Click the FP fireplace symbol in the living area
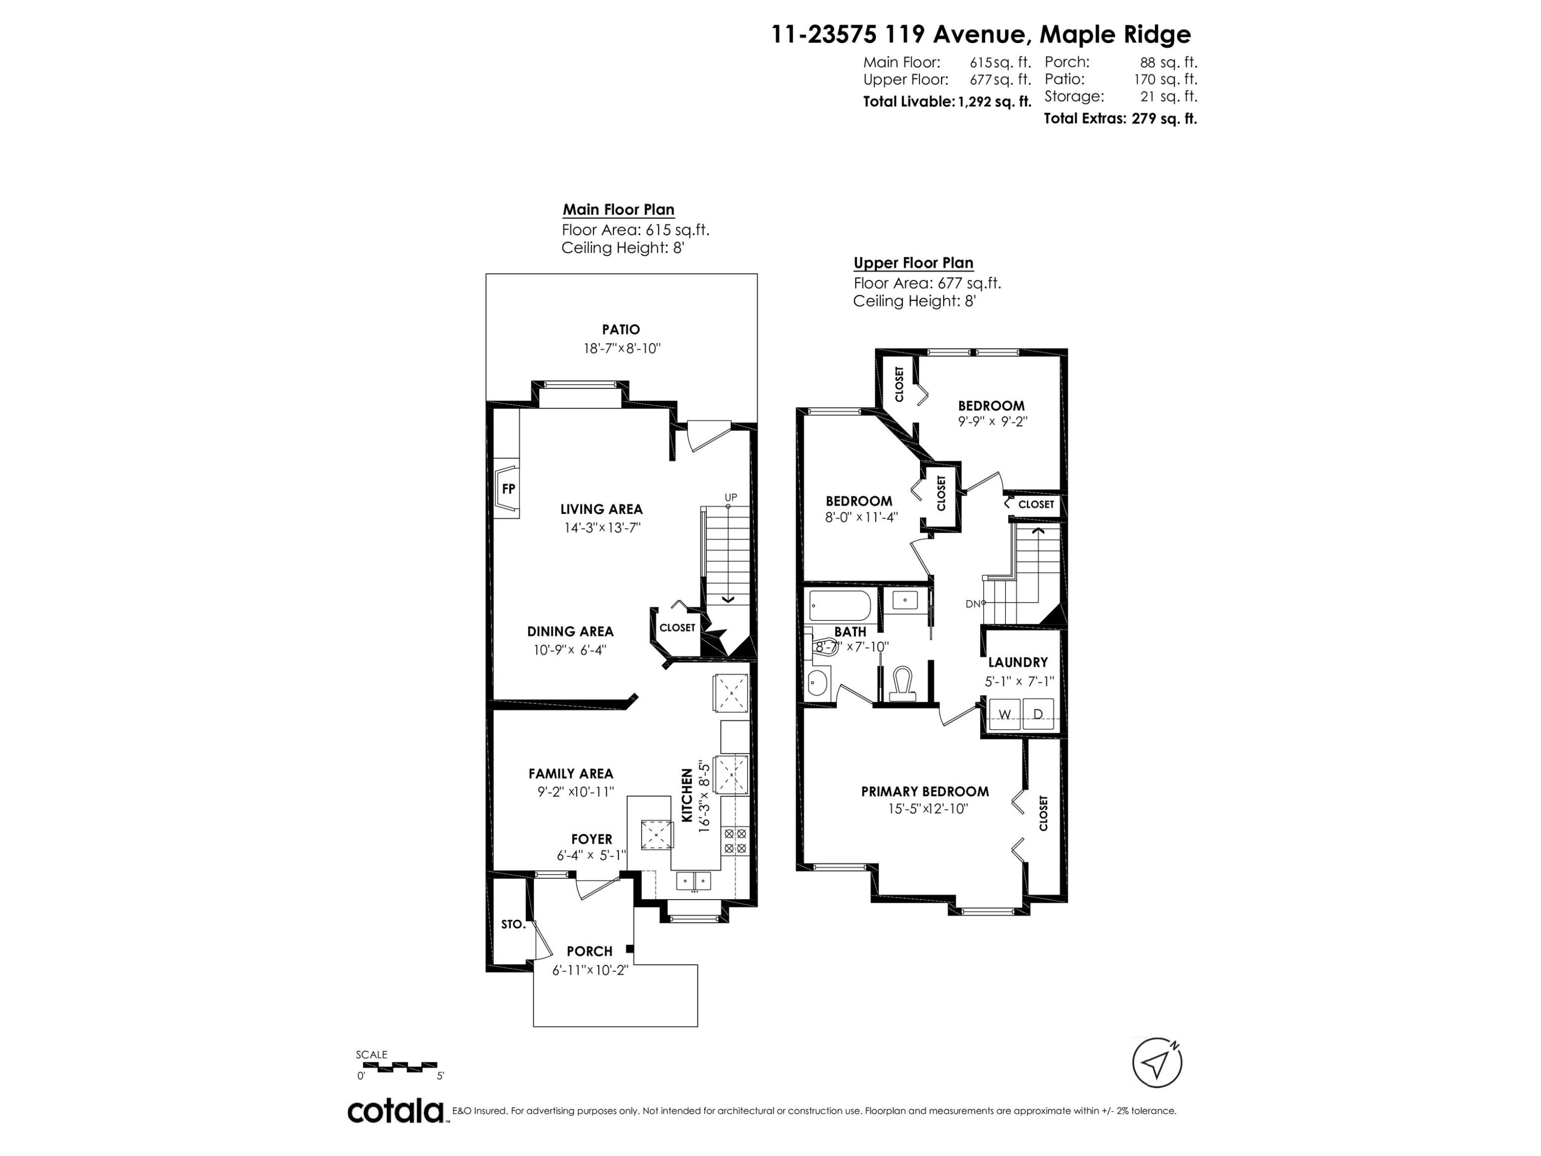(x=508, y=489)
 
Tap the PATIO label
(x=621, y=330)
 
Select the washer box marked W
(x=1005, y=714)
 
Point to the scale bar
(x=397, y=1066)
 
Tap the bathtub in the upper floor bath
(x=839, y=606)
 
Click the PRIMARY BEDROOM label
(x=925, y=792)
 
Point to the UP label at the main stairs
(x=730, y=497)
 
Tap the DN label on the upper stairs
(x=972, y=604)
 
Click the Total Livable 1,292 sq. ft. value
(x=994, y=102)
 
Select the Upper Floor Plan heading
(x=913, y=263)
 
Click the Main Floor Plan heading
(x=618, y=210)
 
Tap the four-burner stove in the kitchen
(x=735, y=841)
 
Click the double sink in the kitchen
(x=693, y=882)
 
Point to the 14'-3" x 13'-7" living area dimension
(x=602, y=528)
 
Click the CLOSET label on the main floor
(x=677, y=628)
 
